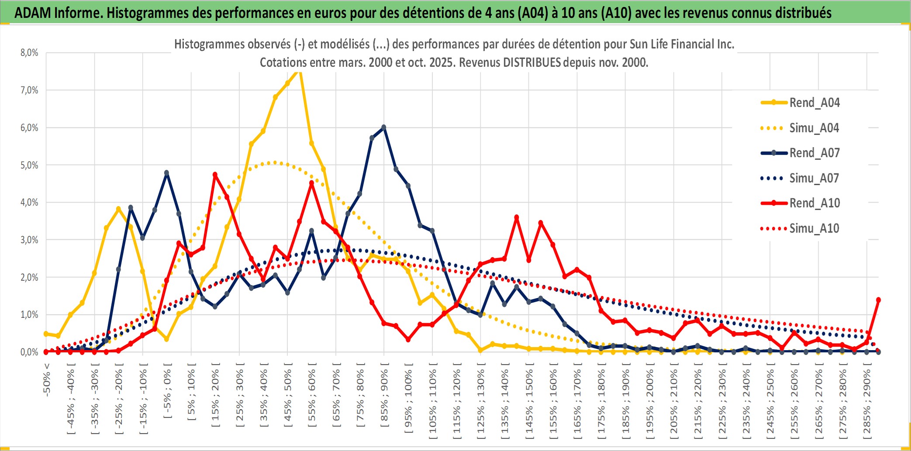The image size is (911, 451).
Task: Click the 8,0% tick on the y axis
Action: click(x=29, y=53)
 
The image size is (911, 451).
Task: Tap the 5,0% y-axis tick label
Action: click(x=29, y=165)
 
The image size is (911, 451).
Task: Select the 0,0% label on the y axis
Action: click(x=29, y=352)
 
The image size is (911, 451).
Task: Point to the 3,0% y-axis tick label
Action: click(x=29, y=240)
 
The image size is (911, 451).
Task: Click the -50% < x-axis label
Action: click(x=47, y=380)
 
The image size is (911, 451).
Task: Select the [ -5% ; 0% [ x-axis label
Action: click(x=167, y=391)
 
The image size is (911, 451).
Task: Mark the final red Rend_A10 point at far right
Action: click(x=878, y=300)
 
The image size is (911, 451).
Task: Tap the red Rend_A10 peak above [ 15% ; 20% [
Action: click(x=215, y=175)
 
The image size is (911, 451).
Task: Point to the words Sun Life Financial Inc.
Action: click(x=682, y=44)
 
